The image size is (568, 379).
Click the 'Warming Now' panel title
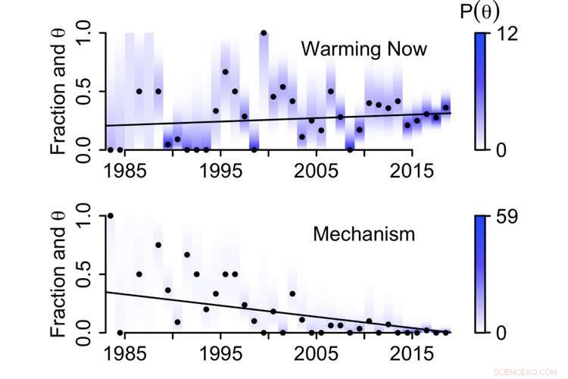(364, 50)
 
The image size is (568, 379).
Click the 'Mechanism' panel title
(364, 234)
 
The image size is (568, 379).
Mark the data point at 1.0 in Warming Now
(264, 33)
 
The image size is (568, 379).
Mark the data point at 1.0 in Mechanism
(111, 216)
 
